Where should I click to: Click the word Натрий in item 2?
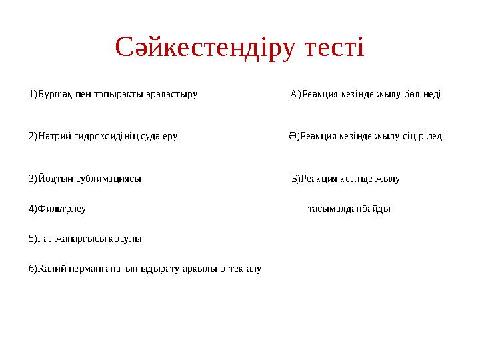(x=53, y=137)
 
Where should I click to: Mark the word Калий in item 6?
(x=49, y=269)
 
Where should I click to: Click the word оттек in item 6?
(x=232, y=269)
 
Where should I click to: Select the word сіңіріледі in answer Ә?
(x=423, y=137)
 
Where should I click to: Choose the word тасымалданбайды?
(x=349, y=209)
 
